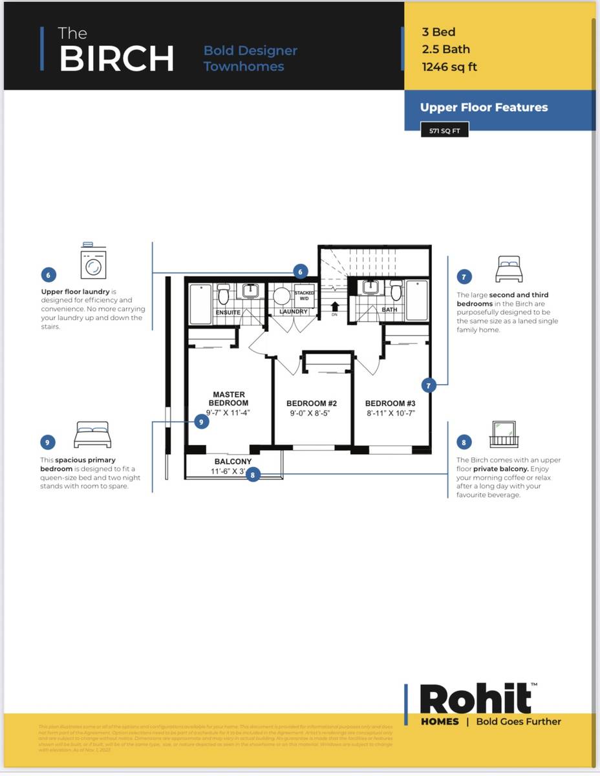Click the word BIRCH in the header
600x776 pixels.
coord(116,59)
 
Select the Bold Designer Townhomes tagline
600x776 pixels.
coord(250,58)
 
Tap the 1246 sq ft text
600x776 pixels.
coord(449,66)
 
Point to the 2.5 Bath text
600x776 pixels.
coord(445,49)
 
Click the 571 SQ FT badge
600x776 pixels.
coord(444,131)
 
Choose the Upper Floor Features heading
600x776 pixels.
coord(484,107)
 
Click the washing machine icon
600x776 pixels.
coord(93,263)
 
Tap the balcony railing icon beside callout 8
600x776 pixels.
coord(504,434)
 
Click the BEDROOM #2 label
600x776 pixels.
coord(312,404)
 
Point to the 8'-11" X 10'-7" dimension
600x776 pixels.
coord(389,413)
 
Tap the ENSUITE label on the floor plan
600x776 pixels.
coord(228,312)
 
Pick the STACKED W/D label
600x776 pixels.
coord(305,296)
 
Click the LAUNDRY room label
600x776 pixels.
coord(294,312)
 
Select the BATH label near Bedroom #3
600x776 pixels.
coord(389,310)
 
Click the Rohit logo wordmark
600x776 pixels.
coord(475,699)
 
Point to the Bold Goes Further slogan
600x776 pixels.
coord(519,722)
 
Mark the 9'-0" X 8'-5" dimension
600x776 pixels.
coord(312,413)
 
